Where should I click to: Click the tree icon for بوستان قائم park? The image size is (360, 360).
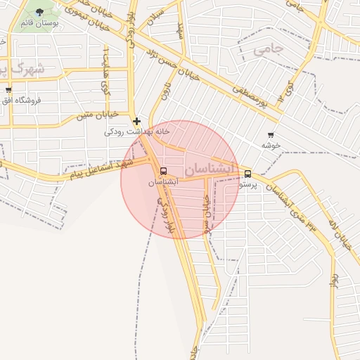coord(39,12)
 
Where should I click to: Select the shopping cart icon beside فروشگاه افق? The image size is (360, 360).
coord(8,90)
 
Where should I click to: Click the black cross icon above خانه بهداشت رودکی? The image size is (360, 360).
coord(136,121)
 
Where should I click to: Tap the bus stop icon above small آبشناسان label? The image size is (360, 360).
coord(164,172)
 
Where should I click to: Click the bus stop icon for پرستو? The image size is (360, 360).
coord(247,174)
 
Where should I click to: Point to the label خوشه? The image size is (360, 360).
coord(271,145)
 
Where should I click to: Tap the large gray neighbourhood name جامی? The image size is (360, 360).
coord(268,50)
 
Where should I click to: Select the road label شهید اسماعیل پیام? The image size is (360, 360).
coord(98,169)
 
